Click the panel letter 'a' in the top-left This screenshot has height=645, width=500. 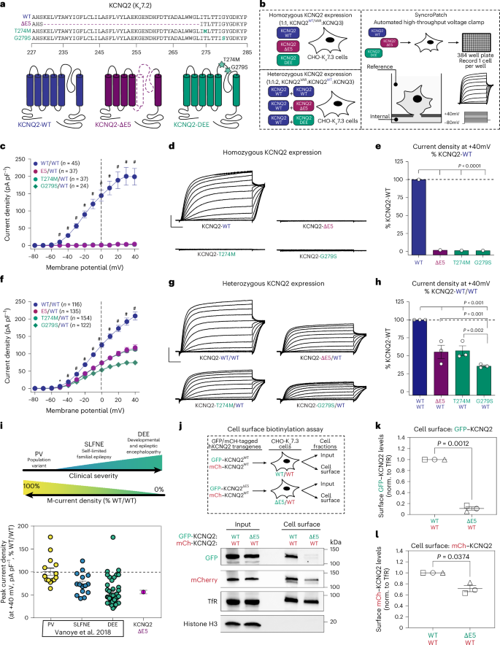click(x=4, y=5)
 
